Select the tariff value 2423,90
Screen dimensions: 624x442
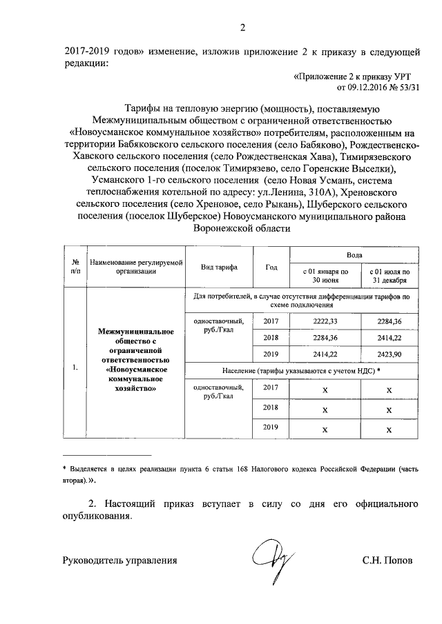pos(388,354)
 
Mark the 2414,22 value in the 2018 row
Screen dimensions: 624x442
pos(388,338)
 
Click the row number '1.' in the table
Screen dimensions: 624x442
pos(74,367)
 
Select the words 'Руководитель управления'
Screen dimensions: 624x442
pos(119,561)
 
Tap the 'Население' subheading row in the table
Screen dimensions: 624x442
pos(302,370)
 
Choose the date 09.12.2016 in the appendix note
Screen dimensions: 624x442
pos(369,88)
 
